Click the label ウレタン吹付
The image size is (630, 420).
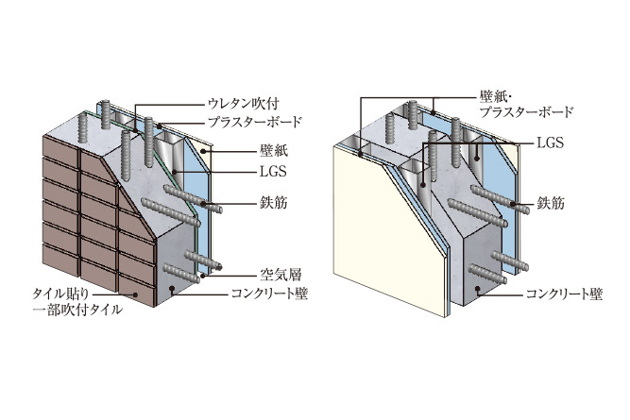[243, 104]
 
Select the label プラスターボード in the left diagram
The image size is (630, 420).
[254, 122]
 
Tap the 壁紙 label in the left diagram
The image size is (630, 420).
[274, 151]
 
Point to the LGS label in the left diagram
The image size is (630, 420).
[273, 172]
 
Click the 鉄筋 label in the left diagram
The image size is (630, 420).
[274, 203]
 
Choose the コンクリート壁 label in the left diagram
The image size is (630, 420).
[269, 294]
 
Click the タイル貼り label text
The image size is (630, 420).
[60, 294]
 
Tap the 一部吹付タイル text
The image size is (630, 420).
[77, 310]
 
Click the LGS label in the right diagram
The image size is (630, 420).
[550, 143]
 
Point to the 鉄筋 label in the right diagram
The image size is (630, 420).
[551, 203]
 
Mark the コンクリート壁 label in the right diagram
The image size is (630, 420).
[565, 294]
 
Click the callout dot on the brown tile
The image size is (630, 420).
[135, 294]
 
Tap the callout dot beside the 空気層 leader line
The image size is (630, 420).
[203, 276]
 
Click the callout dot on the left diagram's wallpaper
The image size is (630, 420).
[205, 151]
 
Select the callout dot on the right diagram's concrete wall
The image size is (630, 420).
[477, 288]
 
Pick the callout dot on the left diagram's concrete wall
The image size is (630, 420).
[172, 288]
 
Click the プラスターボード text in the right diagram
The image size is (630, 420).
[527, 112]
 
